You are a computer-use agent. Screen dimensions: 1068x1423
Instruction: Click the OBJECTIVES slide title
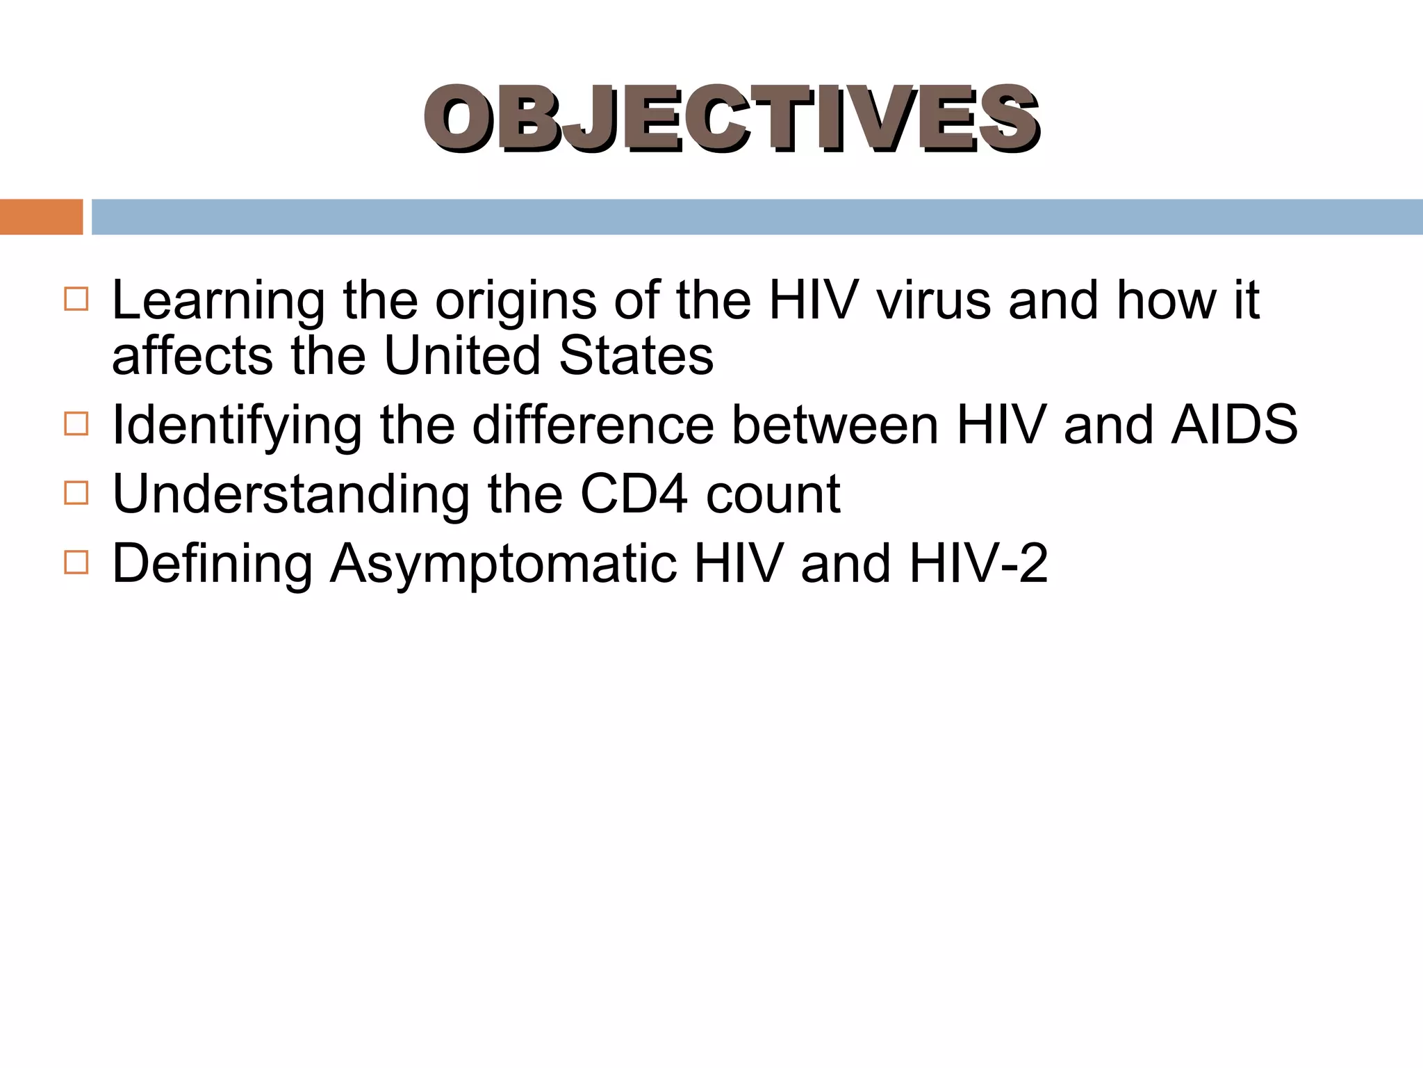coord(731,118)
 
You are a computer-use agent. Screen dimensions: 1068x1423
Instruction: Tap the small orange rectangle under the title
coord(41,217)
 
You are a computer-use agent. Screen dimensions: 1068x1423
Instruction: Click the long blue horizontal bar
coord(757,217)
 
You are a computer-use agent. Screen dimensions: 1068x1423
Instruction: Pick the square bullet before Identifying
coord(76,423)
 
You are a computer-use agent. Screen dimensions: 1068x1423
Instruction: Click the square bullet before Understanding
coord(76,493)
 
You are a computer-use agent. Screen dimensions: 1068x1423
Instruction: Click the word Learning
coord(218,302)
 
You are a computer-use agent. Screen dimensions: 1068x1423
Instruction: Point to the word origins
coord(516,302)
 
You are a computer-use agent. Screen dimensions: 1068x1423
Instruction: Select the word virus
coord(933,300)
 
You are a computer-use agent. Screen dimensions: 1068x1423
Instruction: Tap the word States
coord(636,356)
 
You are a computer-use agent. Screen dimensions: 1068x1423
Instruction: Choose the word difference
coord(593,425)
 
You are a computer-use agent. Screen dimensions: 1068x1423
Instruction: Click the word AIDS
coord(1234,425)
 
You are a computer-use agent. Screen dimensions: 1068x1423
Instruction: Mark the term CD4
coord(634,494)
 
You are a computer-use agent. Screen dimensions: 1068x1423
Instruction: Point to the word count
coord(773,494)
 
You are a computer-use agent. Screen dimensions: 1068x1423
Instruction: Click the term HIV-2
coord(978,563)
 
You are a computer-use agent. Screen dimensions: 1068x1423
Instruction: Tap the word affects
coord(192,356)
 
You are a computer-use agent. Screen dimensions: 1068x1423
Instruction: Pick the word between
coord(835,425)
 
